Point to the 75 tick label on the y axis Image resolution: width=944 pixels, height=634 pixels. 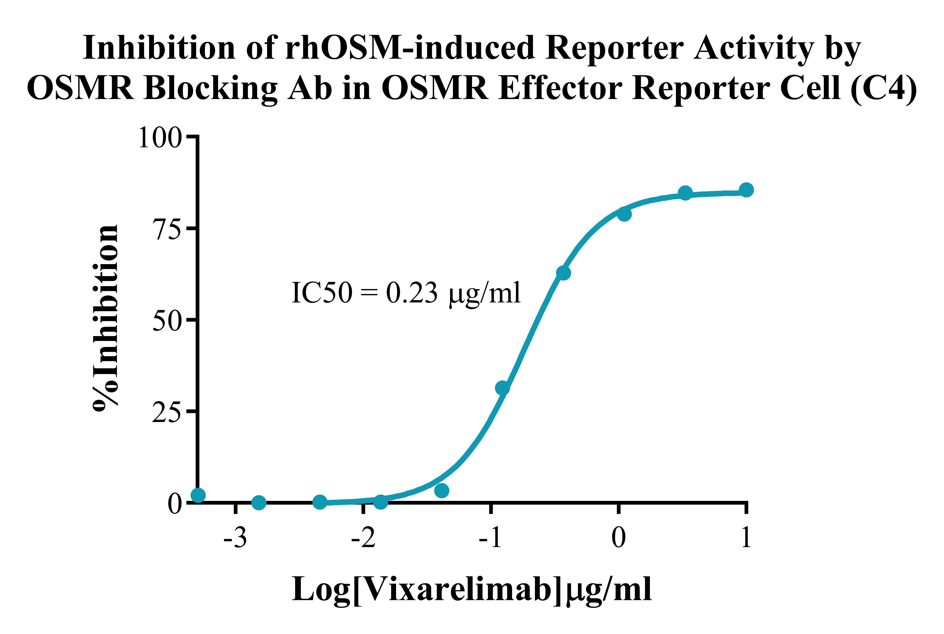click(x=166, y=229)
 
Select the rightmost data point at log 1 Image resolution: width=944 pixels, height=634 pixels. click(x=746, y=190)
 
